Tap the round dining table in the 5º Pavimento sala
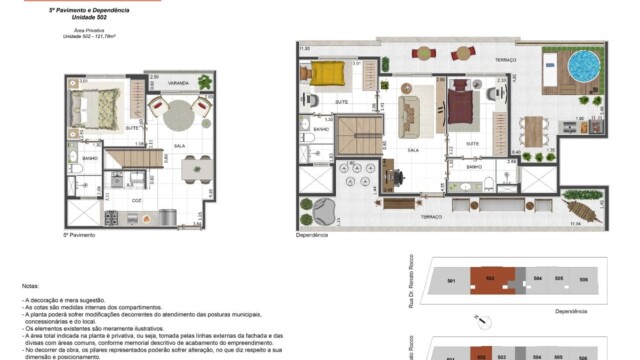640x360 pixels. (x=177, y=110)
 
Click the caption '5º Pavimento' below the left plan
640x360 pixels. (x=79, y=235)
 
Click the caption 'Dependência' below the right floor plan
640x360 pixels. (x=313, y=237)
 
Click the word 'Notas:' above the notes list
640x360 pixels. (x=32, y=284)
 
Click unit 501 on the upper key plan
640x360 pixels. (x=451, y=282)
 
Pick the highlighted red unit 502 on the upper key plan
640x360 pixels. (x=490, y=282)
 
